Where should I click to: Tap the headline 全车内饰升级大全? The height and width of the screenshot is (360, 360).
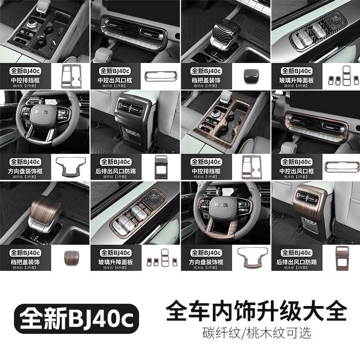pos(257,310)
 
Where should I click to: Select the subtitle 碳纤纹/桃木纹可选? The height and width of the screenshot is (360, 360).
pos(257,333)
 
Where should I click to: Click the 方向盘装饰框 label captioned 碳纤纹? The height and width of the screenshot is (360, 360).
pos(25,171)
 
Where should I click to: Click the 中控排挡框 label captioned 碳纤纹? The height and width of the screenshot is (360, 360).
pos(25,80)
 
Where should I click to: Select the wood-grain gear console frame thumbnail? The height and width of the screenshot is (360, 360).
pos(251,166)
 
